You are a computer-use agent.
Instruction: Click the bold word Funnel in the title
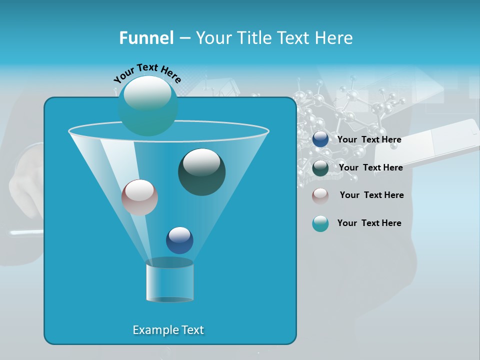[x=146, y=37]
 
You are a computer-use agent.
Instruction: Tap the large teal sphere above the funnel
[x=147, y=105]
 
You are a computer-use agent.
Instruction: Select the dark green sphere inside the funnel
[x=201, y=171]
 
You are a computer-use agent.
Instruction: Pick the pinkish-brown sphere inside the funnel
[x=139, y=197]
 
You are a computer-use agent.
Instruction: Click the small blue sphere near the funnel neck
[x=179, y=240]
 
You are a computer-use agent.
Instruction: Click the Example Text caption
[x=168, y=330]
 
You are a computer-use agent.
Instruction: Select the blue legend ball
[x=320, y=139]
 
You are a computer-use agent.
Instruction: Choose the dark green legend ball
[x=320, y=168]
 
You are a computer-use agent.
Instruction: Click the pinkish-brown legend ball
[x=320, y=195]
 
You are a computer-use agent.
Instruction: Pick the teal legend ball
[x=320, y=223]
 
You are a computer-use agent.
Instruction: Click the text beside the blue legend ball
[x=369, y=139]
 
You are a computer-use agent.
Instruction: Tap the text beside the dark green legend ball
[x=370, y=167]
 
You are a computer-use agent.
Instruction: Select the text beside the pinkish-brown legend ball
[x=371, y=195]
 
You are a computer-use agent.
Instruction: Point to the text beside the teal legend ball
[x=369, y=223]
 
